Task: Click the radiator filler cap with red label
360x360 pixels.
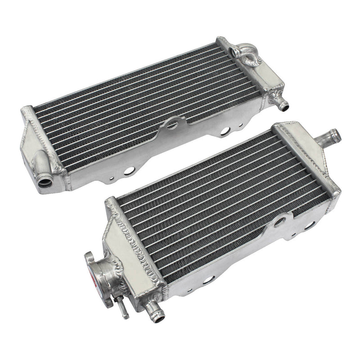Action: (x=92, y=272)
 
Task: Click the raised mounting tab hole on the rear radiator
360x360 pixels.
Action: (x=172, y=123)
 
